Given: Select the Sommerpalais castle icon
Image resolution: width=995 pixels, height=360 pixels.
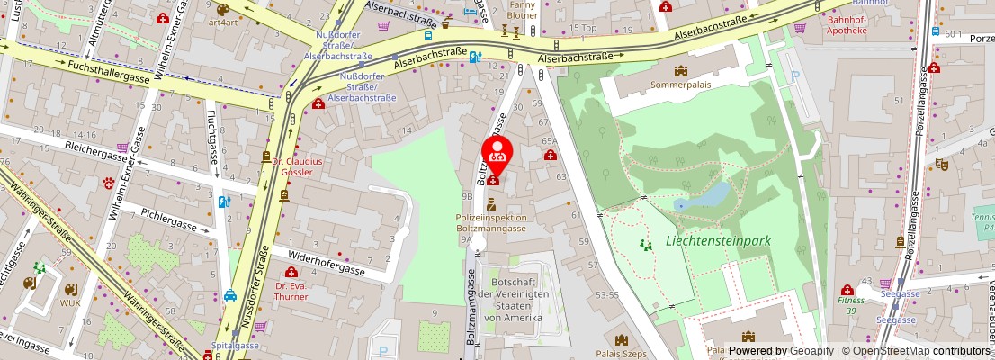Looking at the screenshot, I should [x=680, y=72].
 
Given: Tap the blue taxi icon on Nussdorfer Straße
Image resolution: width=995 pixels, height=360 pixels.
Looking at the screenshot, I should [x=230, y=294].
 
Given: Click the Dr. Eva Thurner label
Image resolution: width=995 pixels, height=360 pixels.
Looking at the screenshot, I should [x=291, y=290].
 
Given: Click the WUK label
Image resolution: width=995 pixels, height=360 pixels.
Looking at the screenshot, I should [x=70, y=302].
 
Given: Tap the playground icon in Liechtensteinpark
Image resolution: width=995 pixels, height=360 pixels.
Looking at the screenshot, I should [x=644, y=244].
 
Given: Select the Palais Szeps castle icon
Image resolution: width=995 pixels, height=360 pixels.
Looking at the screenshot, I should [x=620, y=340].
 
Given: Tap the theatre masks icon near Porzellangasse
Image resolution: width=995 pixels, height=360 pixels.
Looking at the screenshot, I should [x=941, y=165].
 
